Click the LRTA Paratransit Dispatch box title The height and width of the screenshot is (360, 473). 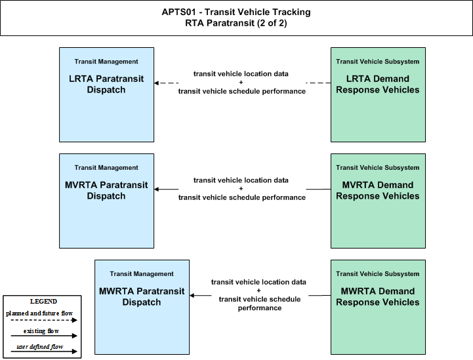[106, 84]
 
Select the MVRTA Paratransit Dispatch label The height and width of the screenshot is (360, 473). [106, 190]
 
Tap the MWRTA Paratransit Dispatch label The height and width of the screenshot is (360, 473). [142, 296]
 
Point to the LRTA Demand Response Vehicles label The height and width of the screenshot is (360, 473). [378, 84]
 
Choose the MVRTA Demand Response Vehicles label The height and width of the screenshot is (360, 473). [378, 190]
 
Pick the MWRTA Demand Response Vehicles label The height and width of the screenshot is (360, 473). [378, 296]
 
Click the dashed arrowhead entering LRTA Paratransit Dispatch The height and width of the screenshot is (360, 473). [156, 83]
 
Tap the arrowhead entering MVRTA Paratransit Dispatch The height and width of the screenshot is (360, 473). [156, 189]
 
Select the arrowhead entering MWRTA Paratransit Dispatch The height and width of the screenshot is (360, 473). [192, 295]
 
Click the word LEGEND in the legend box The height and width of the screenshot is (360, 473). [43, 301]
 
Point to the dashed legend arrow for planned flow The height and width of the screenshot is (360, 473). [44, 320]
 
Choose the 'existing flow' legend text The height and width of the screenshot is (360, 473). [41, 330]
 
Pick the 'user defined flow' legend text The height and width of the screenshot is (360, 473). [40, 346]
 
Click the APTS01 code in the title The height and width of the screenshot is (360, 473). [178, 12]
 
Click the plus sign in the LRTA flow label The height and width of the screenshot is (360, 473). [241, 83]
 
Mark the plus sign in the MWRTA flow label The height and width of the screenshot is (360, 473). [258, 290]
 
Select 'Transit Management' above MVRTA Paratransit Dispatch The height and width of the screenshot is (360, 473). [106, 168]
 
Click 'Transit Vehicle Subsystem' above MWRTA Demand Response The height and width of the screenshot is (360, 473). [378, 273]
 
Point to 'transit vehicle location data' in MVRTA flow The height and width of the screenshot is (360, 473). [241, 180]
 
